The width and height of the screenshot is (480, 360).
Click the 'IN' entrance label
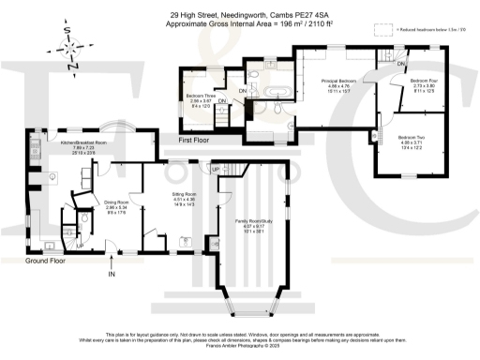click(112, 276)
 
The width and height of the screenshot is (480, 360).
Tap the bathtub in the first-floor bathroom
click(276, 94)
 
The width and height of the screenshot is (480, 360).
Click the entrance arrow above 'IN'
click(112, 260)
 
